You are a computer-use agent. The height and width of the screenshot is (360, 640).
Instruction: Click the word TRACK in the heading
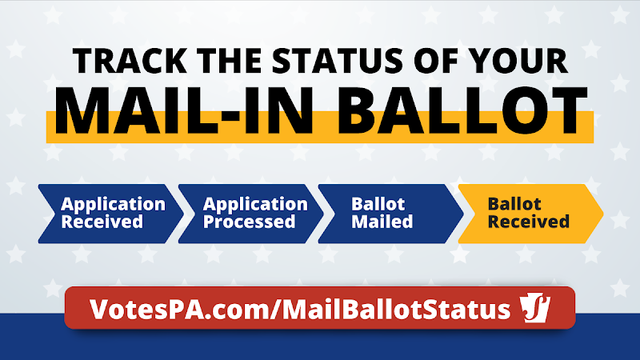[130, 61]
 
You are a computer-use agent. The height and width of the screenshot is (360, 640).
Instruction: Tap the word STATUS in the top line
[337, 61]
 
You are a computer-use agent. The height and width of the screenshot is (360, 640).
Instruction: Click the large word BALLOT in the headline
[462, 110]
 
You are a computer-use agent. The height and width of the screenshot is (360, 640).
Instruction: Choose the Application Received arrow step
[110, 214]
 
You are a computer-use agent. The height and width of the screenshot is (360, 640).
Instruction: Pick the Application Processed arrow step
[250, 214]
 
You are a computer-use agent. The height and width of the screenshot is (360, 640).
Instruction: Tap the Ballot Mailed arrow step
[390, 214]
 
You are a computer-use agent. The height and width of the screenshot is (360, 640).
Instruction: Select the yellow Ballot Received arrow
[530, 214]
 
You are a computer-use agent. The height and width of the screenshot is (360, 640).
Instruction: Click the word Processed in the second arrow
[249, 222]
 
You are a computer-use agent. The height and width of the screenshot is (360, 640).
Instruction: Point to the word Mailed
[382, 222]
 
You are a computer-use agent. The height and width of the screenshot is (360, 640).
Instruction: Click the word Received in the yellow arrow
[529, 222]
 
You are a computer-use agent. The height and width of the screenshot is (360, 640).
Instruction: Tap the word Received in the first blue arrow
[102, 222]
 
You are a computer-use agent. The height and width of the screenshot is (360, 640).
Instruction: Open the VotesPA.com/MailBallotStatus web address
[300, 309]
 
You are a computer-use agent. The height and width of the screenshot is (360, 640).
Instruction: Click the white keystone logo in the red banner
[535, 307]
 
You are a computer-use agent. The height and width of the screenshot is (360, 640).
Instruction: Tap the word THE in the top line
[230, 61]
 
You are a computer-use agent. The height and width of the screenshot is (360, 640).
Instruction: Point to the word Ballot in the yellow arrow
[514, 204]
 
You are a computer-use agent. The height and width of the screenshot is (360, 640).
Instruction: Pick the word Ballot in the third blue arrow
[378, 204]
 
